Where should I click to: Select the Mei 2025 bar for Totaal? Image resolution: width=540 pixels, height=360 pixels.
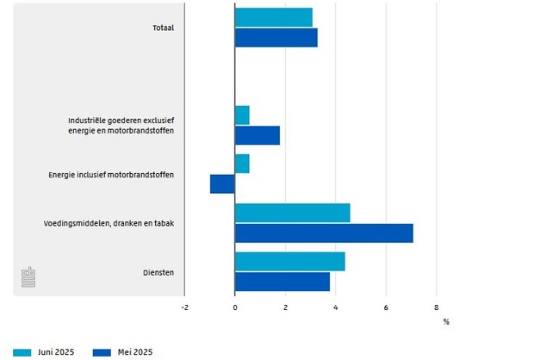coord(276,38)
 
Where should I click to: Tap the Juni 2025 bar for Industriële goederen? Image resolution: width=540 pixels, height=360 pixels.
coord(242,115)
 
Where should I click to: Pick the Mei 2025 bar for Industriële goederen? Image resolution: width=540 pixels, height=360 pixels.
coord(257,135)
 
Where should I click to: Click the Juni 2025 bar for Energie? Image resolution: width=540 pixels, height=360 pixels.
coord(242,164)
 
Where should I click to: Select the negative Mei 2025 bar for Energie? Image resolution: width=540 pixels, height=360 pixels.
coord(222,183)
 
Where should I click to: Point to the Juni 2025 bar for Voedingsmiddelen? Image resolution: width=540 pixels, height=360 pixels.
coord(292,213)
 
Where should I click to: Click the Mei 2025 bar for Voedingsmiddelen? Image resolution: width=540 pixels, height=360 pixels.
coord(324,233)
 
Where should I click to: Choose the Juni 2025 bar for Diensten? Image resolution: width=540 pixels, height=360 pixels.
coord(289,262)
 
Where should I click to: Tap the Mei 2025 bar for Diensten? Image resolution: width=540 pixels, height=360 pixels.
coord(282,282)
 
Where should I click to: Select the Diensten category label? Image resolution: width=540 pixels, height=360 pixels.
coord(158,272)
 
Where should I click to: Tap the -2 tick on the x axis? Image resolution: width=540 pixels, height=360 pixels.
coord(184,307)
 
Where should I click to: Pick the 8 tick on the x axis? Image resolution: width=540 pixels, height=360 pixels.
coord(436,307)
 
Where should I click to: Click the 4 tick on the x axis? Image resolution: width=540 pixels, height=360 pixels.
coord(335,307)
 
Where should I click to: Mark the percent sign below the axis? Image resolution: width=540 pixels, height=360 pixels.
coord(446,322)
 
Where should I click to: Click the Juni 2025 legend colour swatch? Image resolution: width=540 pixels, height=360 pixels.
coord(22,351)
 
